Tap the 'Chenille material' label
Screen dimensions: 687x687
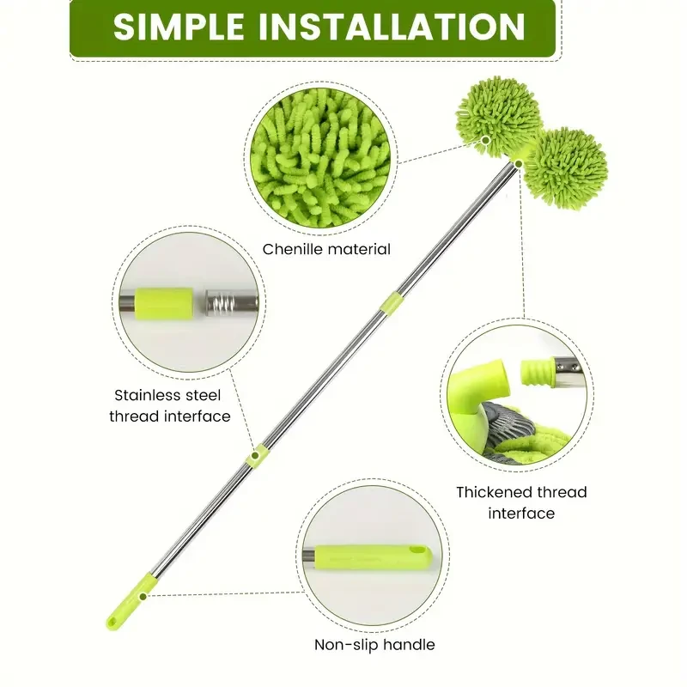click(x=326, y=249)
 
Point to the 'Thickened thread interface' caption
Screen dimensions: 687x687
click(x=521, y=502)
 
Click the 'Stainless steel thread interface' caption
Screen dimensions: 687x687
click(x=173, y=405)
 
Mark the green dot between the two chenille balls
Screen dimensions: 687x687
click(x=487, y=139)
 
